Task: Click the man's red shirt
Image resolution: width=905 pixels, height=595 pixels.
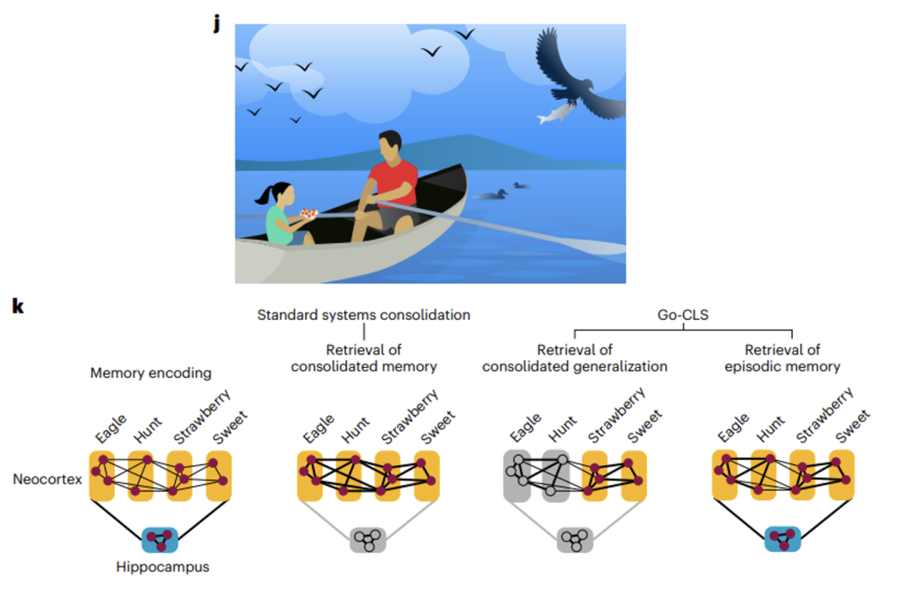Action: click(x=393, y=183)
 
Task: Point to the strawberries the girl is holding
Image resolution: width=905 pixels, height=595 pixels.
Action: click(x=310, y=213)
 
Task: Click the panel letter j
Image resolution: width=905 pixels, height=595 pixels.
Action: click(x=217, y=23)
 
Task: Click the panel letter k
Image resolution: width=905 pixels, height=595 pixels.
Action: click(x=18, y=306)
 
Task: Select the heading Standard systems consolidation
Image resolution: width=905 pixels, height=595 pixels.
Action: click(x=364, y=315)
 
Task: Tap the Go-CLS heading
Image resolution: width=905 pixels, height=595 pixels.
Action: click(x=683, y=315)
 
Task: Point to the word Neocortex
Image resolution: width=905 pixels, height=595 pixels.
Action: click(x=47, y=479)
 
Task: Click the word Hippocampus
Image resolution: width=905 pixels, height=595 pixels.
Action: click(x=163, y=567)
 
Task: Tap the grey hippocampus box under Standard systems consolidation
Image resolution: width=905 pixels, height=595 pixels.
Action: click(x=367, y=540)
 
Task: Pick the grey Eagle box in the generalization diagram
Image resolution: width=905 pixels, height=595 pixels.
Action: click(x=520, y=476)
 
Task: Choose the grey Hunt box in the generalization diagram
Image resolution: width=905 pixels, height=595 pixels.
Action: click(x=557, y=476)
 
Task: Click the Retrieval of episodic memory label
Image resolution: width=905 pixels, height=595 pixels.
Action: click(x=782, y=358)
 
